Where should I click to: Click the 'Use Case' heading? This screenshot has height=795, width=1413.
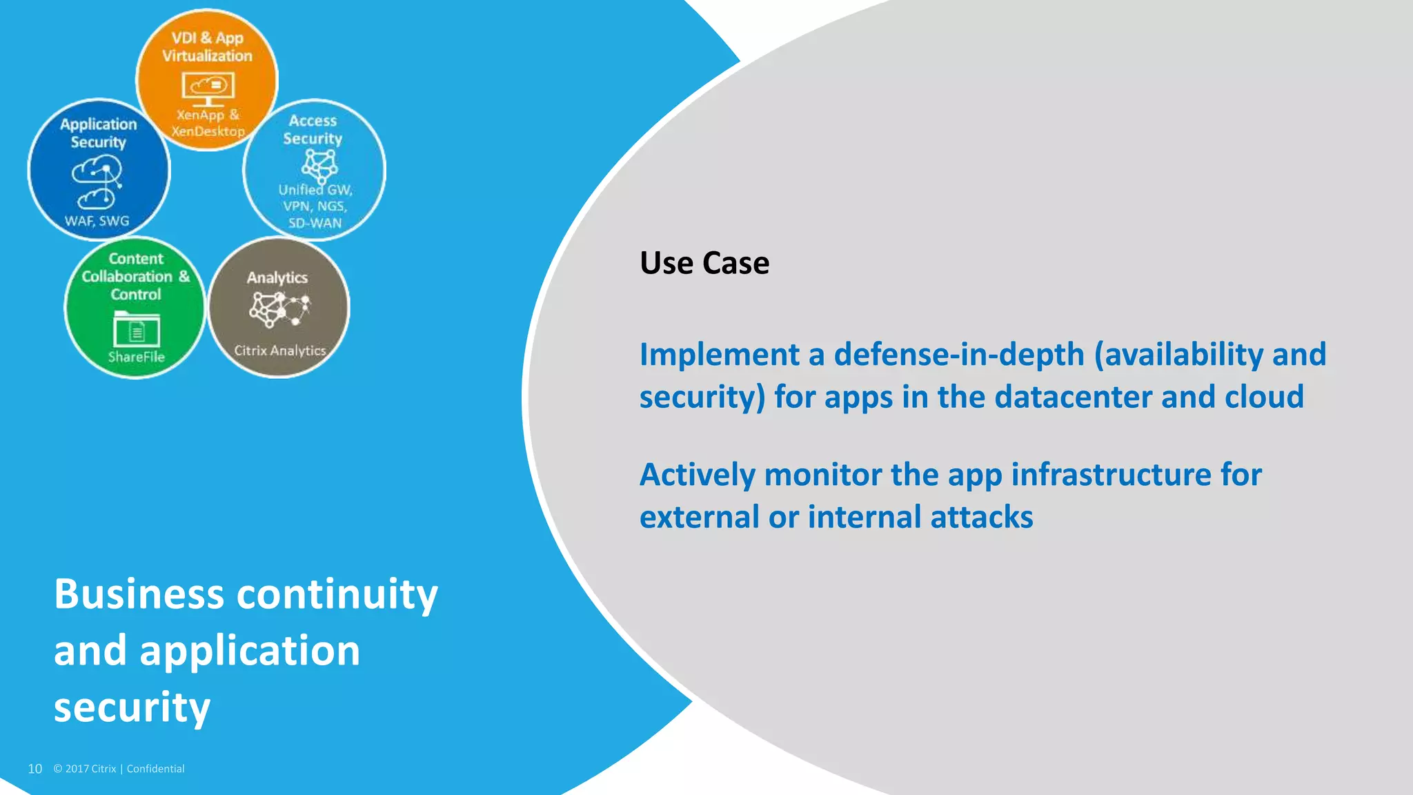click(704, 263)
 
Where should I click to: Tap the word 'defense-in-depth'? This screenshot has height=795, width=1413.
click(959, 355)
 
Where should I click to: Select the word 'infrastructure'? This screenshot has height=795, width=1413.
click(1111, 475)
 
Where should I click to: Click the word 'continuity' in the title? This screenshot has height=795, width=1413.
click(337, 595)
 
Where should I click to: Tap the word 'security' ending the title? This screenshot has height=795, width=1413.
click(132, 708)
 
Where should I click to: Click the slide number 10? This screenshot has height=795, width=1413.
click(34, 769)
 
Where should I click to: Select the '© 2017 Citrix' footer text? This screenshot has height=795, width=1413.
click(85, 769)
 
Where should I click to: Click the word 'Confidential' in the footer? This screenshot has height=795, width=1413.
click(155, 769)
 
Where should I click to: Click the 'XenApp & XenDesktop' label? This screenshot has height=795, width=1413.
click(208, 123)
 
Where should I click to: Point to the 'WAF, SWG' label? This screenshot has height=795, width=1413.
click(97, 221)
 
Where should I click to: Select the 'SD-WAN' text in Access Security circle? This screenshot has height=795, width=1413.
click(315, 223)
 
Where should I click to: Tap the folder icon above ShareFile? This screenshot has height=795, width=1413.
click(137, 329)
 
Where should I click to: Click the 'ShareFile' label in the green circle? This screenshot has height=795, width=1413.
click(137, 357)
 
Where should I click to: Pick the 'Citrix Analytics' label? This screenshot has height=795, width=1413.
click(279, 351)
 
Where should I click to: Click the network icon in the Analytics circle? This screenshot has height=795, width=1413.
click(279, 308)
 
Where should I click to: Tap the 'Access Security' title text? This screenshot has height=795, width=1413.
click(313, 130)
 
